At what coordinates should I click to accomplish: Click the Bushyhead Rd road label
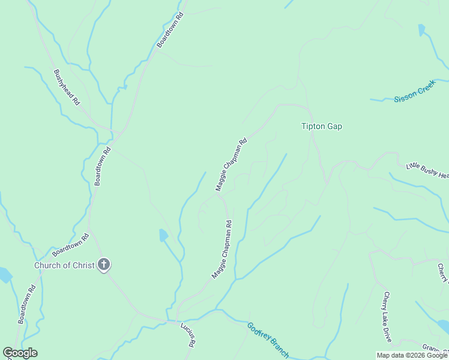67,88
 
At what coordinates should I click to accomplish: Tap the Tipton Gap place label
321,127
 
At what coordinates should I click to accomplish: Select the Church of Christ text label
64,265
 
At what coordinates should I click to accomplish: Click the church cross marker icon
104,265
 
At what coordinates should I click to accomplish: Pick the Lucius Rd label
188,335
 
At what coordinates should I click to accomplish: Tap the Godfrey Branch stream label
268,340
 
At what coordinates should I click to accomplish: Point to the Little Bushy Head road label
427,170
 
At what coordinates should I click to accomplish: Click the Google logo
20,353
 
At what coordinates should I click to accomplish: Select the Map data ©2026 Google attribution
411,355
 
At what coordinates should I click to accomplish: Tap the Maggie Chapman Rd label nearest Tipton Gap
231,165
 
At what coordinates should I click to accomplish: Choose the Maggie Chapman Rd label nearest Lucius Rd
221,249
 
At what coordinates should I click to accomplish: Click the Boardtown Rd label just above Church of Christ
70,245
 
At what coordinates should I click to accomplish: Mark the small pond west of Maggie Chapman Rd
163,235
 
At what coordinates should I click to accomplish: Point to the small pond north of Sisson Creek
421,29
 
